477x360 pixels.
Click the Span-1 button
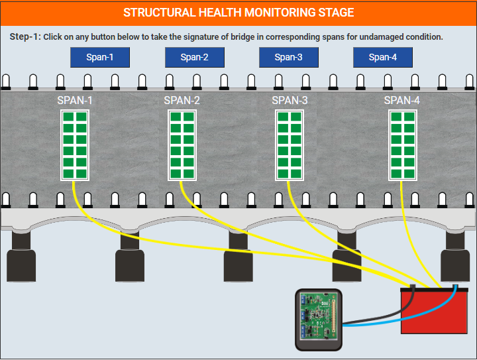[100, 57]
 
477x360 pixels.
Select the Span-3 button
[289, 57]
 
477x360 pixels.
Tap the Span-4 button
[383, 57]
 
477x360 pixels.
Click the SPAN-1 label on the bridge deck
[74, 100]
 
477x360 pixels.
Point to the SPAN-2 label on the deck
[182, 100]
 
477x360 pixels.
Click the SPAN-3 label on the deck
[290, 100]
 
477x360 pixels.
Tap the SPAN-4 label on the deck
[402, 100]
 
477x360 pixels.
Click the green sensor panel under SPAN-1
[75, 145]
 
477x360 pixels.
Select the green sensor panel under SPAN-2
[182, 145]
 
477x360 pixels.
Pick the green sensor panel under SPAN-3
[290, 145]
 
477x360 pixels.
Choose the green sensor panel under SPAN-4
[403, 145]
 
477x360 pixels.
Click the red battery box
[434, 311]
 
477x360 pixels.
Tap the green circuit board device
[319, 320]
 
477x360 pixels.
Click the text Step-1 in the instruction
[25, 37]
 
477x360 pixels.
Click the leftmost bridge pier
[21, 256]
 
